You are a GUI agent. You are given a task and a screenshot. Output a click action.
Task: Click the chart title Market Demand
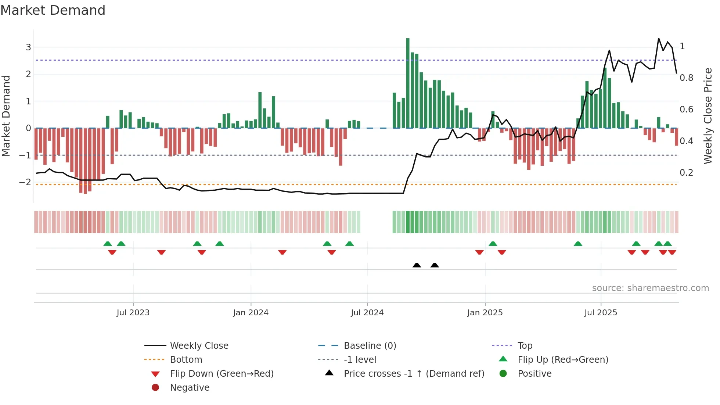[x=53, y=10]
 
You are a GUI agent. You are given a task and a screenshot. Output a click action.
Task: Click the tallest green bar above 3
[x=408, y=83]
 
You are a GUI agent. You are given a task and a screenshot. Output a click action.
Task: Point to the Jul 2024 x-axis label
[x=367, y=313]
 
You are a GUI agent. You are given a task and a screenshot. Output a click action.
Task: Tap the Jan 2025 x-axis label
[x=485, y=313]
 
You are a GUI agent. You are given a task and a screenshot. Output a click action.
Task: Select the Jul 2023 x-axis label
[x=133, y=313]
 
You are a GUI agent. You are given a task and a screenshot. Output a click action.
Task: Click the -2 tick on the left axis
[x=25, y=182]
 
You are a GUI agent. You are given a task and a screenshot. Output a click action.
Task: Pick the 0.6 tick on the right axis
[x=686, y=110]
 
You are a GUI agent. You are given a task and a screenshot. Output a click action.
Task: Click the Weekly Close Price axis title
[x=708, y=116]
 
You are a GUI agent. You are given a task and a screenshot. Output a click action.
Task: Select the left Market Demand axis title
[x=6, y=116]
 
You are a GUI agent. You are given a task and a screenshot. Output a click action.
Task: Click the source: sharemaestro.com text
[x=650, y=288]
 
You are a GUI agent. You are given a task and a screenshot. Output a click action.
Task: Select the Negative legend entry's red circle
[x=155, y=388]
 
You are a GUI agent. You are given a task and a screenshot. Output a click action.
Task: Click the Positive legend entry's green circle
[x=503, y=374]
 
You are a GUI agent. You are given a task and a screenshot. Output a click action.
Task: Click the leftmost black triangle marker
[x=417, y=265]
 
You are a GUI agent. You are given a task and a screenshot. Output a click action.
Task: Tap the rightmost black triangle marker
[x=435, y=265]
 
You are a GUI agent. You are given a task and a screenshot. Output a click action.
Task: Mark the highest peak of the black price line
[x=659, y=39]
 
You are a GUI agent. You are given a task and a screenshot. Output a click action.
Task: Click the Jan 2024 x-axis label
[x=251, y=313]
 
